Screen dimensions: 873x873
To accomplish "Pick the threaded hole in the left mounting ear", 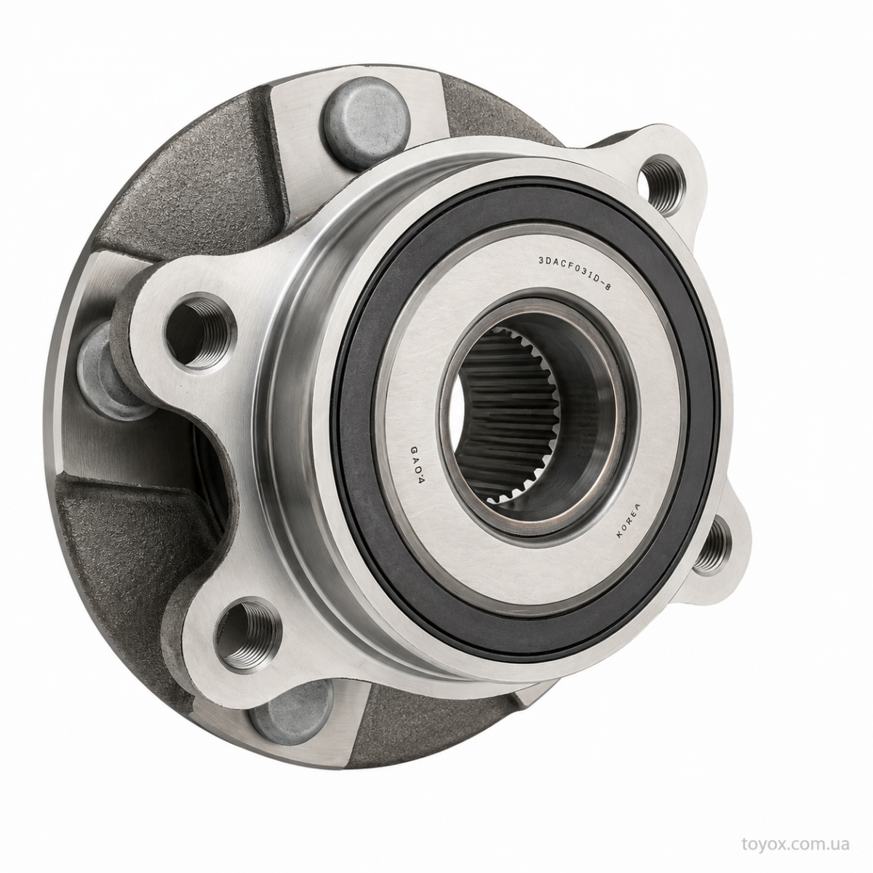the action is pos(199,332).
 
